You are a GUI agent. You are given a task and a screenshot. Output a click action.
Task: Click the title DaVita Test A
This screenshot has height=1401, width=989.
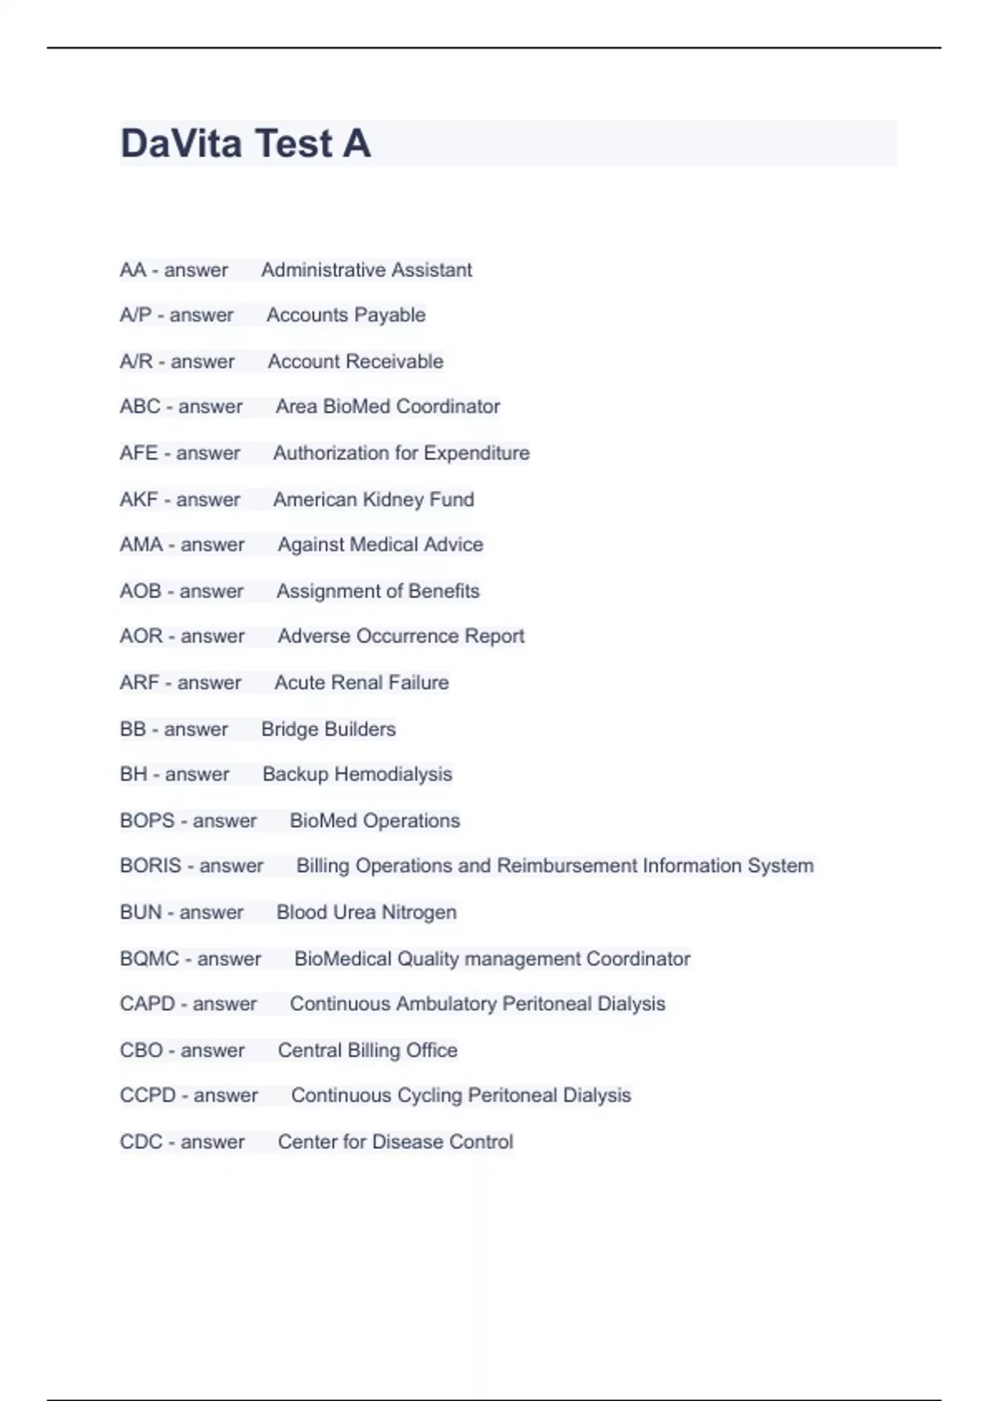click(x=246, y=143)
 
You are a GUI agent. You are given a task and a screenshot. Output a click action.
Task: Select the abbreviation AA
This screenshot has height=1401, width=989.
click(x=133, y=270)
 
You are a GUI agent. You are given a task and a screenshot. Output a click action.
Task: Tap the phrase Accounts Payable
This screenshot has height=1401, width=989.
click(x=346, y=315)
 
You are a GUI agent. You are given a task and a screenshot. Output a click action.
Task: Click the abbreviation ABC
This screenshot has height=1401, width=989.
click(x=140, y=407)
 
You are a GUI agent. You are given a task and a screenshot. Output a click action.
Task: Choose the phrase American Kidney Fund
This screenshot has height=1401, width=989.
click(x=373, y=499)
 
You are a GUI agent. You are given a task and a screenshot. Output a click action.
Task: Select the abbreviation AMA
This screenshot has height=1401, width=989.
click(x=141, y=545)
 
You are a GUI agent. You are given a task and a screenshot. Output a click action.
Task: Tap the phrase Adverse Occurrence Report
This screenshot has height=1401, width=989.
click(x=401, y=636)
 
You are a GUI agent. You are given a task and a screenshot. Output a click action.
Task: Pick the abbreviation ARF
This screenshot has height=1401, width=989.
click(x=139, y=683)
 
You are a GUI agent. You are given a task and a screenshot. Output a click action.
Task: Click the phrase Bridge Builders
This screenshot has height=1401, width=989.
click(x=328, y=729)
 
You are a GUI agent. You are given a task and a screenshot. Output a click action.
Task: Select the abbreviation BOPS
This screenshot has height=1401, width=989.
click(x=148, y=821)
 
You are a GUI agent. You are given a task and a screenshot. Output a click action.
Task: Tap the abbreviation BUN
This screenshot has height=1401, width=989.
click(x=141, y=912)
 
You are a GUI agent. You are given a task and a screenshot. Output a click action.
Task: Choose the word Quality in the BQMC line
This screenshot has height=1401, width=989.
click(x=428, y=959)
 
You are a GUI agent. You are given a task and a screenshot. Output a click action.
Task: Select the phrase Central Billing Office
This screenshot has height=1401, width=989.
click(x=368, y=1051)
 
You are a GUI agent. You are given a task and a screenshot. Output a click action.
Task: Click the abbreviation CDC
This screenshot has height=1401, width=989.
click(x=141, y=1142)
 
